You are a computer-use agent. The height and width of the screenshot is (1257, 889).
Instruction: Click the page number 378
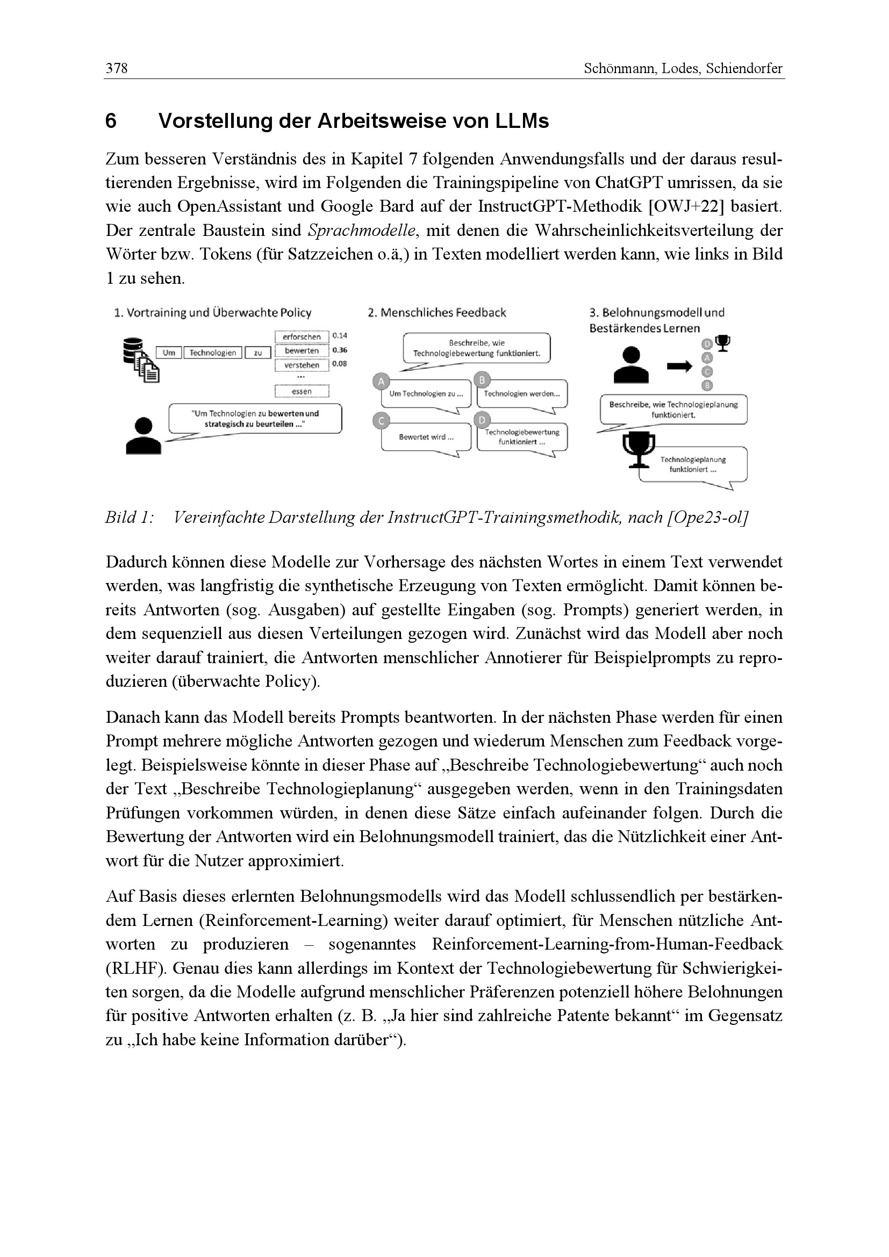[117, 68]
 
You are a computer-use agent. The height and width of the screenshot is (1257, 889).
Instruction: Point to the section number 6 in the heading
[111, 121]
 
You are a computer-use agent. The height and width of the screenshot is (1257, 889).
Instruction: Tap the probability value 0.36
[340, 350]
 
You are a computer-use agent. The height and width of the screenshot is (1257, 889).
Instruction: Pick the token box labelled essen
[302, 391]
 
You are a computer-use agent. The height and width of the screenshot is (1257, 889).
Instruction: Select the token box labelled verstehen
[302, 365]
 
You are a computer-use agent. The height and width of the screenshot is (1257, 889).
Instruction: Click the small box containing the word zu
[258, 353]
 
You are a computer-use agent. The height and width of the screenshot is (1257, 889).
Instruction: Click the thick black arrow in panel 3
[679, 367]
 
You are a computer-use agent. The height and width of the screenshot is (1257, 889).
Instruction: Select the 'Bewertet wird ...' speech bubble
[426, 437]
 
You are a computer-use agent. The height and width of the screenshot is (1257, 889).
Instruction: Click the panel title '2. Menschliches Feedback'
[437, 313]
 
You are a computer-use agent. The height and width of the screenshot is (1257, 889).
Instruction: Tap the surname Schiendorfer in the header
[744, 68]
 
